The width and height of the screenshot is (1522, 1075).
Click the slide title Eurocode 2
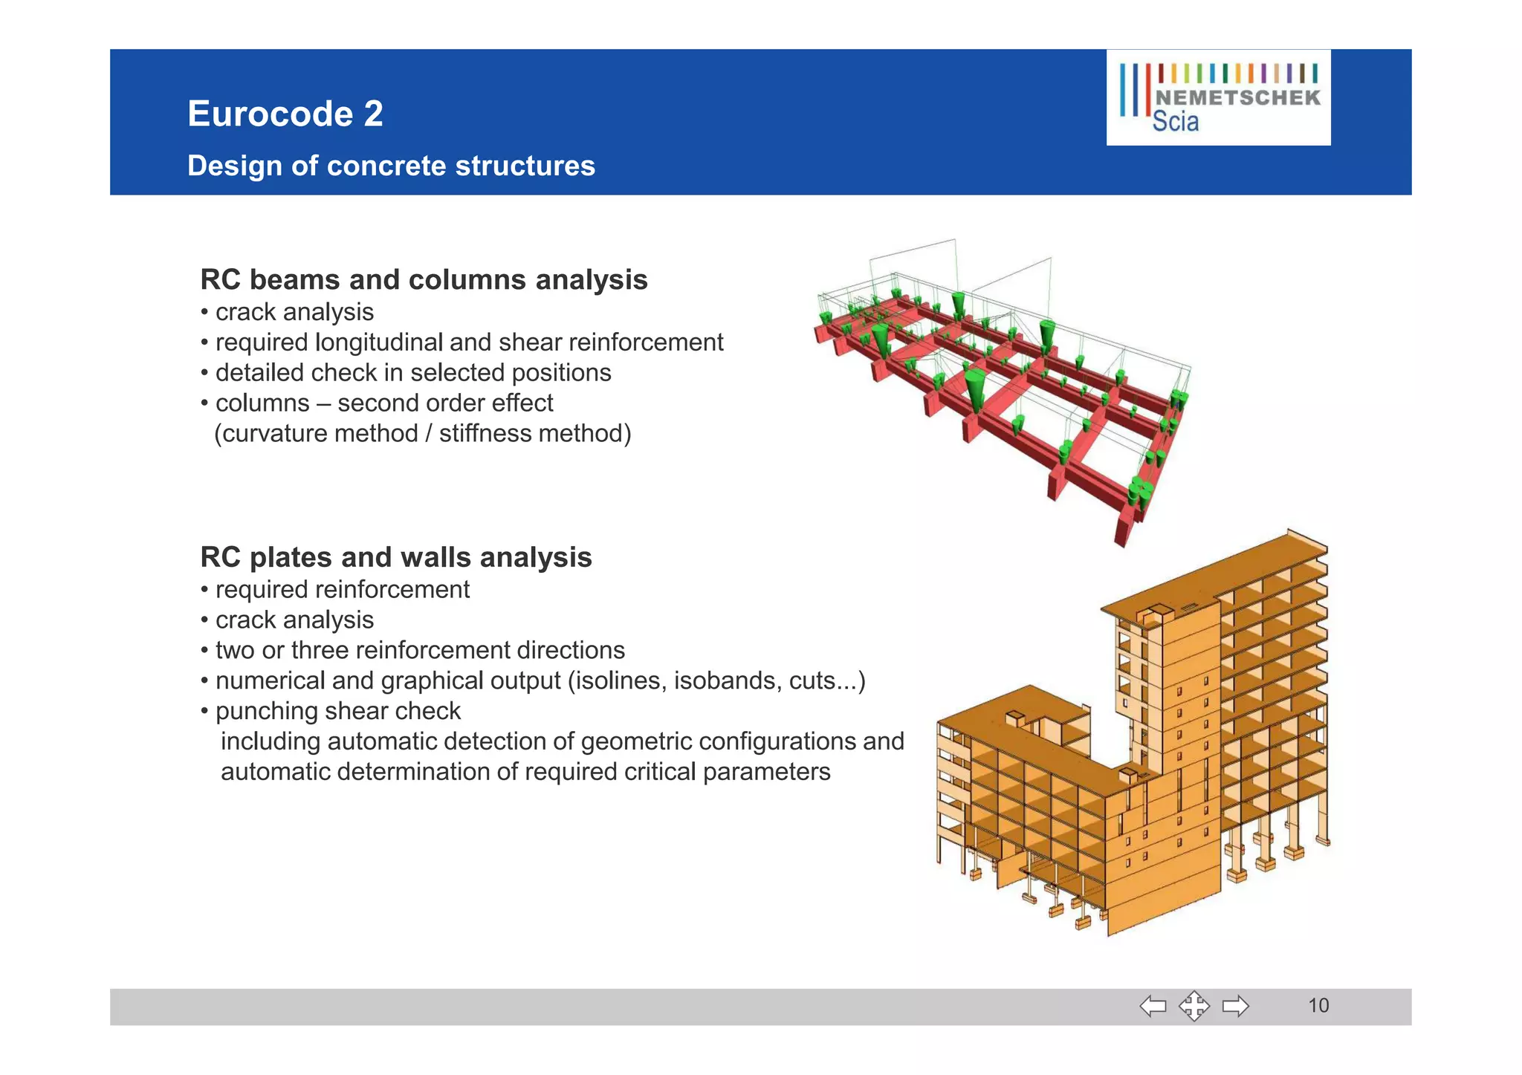(x=285, y=114)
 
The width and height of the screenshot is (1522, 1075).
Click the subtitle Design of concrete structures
(x=391, y=166)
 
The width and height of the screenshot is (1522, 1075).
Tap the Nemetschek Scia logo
(x=1218, y=97)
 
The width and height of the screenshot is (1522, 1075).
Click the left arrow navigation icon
(x=1153, y=1007)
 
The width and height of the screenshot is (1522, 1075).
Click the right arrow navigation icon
(x=1235, y=1007)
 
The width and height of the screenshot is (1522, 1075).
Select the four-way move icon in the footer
(x=1194, y=1007)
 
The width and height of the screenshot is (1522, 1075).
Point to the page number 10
(x=1318, y=1006)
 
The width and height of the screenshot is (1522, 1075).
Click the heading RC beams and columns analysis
(x=424, y=280)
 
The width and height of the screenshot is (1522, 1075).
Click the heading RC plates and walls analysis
(x=396, y=557)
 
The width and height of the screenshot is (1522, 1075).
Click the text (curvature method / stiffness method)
(x=422, y=434)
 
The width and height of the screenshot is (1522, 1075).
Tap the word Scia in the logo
(x=1175, y=123)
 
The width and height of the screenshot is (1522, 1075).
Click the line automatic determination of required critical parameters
(x=525, y=772)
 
